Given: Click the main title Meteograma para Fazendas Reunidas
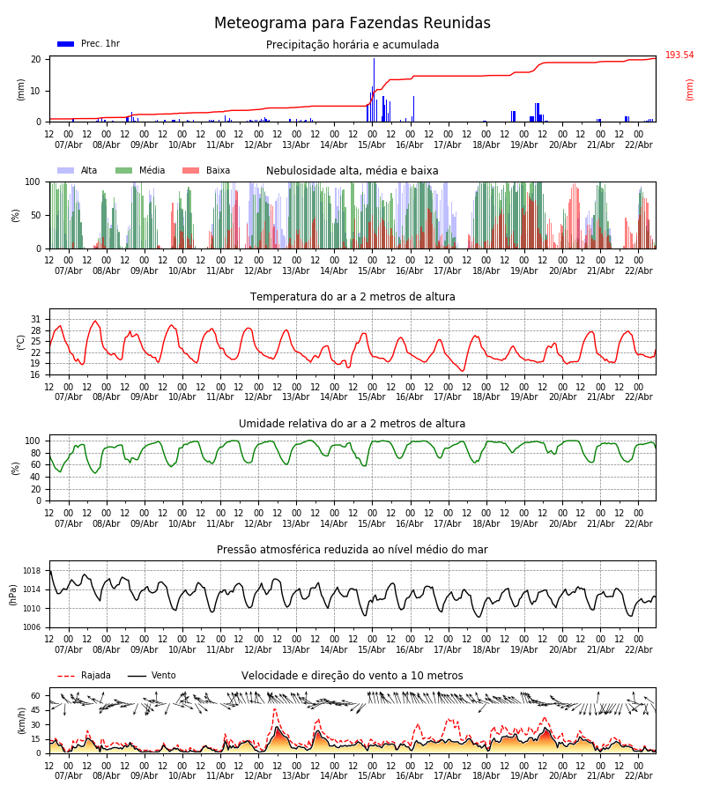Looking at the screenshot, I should [352, 24].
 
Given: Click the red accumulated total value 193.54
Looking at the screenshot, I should [679, 56].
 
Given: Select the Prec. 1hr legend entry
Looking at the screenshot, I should [88, 44].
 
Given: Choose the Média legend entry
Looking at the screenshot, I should [140, 171].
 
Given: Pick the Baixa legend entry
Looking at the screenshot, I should [206, 171].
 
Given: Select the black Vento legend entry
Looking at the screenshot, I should [152, 676].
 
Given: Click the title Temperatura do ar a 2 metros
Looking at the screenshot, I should [352, 297].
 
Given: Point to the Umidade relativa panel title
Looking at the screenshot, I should [352, 424].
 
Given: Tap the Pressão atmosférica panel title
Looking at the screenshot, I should [352, 550].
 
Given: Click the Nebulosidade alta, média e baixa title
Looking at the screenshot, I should [352, 171].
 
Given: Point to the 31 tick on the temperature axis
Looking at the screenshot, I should [36, 320].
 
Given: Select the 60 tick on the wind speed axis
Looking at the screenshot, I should [36, 695].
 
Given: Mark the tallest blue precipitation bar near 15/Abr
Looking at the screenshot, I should [374, 88].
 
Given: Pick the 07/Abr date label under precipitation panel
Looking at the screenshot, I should [69, 145].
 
